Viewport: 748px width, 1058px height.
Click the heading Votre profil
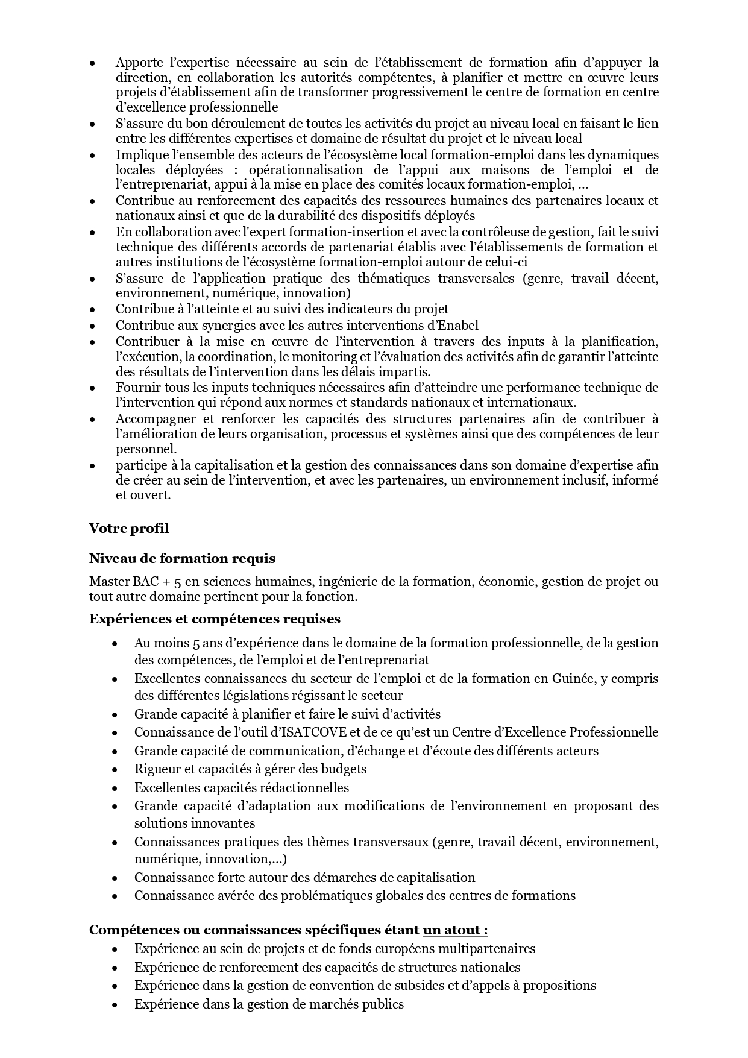[129, 529]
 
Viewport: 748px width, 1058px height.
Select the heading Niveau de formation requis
[182, 559]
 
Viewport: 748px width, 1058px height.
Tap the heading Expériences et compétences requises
[215, 619]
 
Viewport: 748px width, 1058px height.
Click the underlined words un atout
[455, 930]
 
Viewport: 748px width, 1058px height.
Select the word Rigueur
[156, 769]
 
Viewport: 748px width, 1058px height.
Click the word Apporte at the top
[139, 63]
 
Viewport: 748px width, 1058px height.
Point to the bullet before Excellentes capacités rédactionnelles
[114, 788]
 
